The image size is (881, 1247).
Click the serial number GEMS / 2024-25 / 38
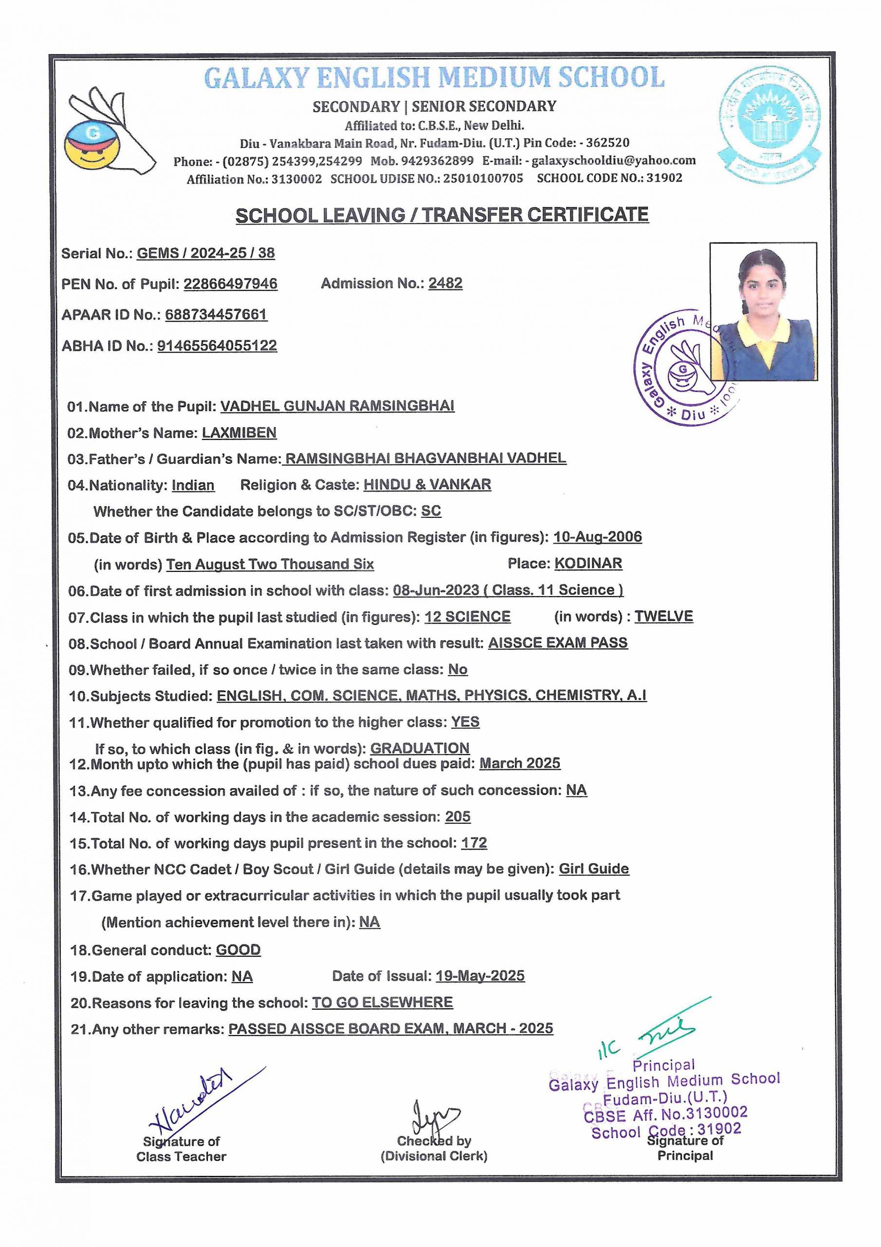click(206, 253)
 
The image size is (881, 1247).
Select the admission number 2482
click(445, 283)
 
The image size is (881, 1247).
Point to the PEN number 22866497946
click(230, 283)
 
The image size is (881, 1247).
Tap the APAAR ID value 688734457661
click(216, 315)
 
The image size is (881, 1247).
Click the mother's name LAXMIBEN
click(239, 433)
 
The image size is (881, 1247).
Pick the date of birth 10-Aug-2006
click(597, 537)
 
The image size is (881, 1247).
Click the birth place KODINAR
click(588, 564)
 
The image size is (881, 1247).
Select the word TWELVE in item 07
click(663, 617)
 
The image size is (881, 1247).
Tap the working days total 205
click(458, 817)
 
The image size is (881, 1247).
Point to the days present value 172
click(474, 843)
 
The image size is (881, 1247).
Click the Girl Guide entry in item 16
click(594, 869)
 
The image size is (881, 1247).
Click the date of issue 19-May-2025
click(480, 976)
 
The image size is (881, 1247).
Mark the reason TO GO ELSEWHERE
click(382, 1002)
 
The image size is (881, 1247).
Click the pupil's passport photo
click(763, 311)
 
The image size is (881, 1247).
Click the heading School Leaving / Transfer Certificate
click(442, 215)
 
